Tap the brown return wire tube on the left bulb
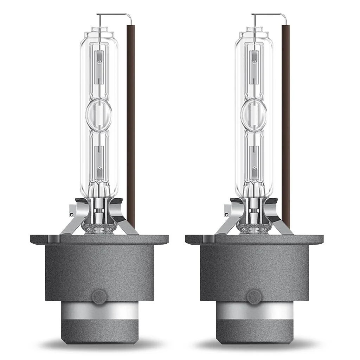[130, 123]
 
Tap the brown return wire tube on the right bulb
[285, 123]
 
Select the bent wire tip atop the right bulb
[269, 15]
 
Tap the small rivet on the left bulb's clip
[71, 214]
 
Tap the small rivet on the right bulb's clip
[226, 214]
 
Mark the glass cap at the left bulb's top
[99, 33]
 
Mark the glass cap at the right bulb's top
[254, 33]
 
